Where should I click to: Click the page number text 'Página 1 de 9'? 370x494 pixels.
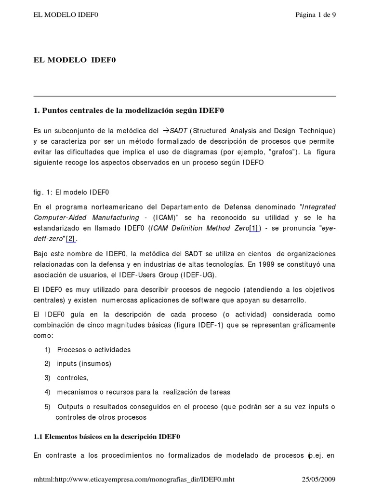[316, 15]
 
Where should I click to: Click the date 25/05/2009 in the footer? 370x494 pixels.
[318, 479]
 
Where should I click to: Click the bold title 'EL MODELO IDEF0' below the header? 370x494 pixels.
[75, 60]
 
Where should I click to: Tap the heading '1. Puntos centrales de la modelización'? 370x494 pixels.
[129, 110]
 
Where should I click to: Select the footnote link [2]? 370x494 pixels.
[71, 238]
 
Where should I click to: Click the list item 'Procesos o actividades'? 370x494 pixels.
[94, 349]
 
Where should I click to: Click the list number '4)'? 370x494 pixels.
[47, 392]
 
